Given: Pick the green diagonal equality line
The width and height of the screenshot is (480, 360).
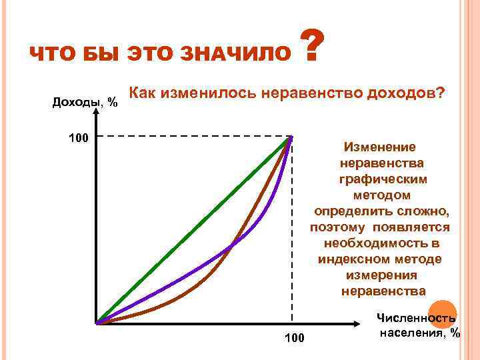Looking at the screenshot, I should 193,230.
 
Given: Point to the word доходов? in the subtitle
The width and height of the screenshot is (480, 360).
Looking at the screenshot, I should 405,92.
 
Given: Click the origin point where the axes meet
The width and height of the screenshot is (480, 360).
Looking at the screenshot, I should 97,324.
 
